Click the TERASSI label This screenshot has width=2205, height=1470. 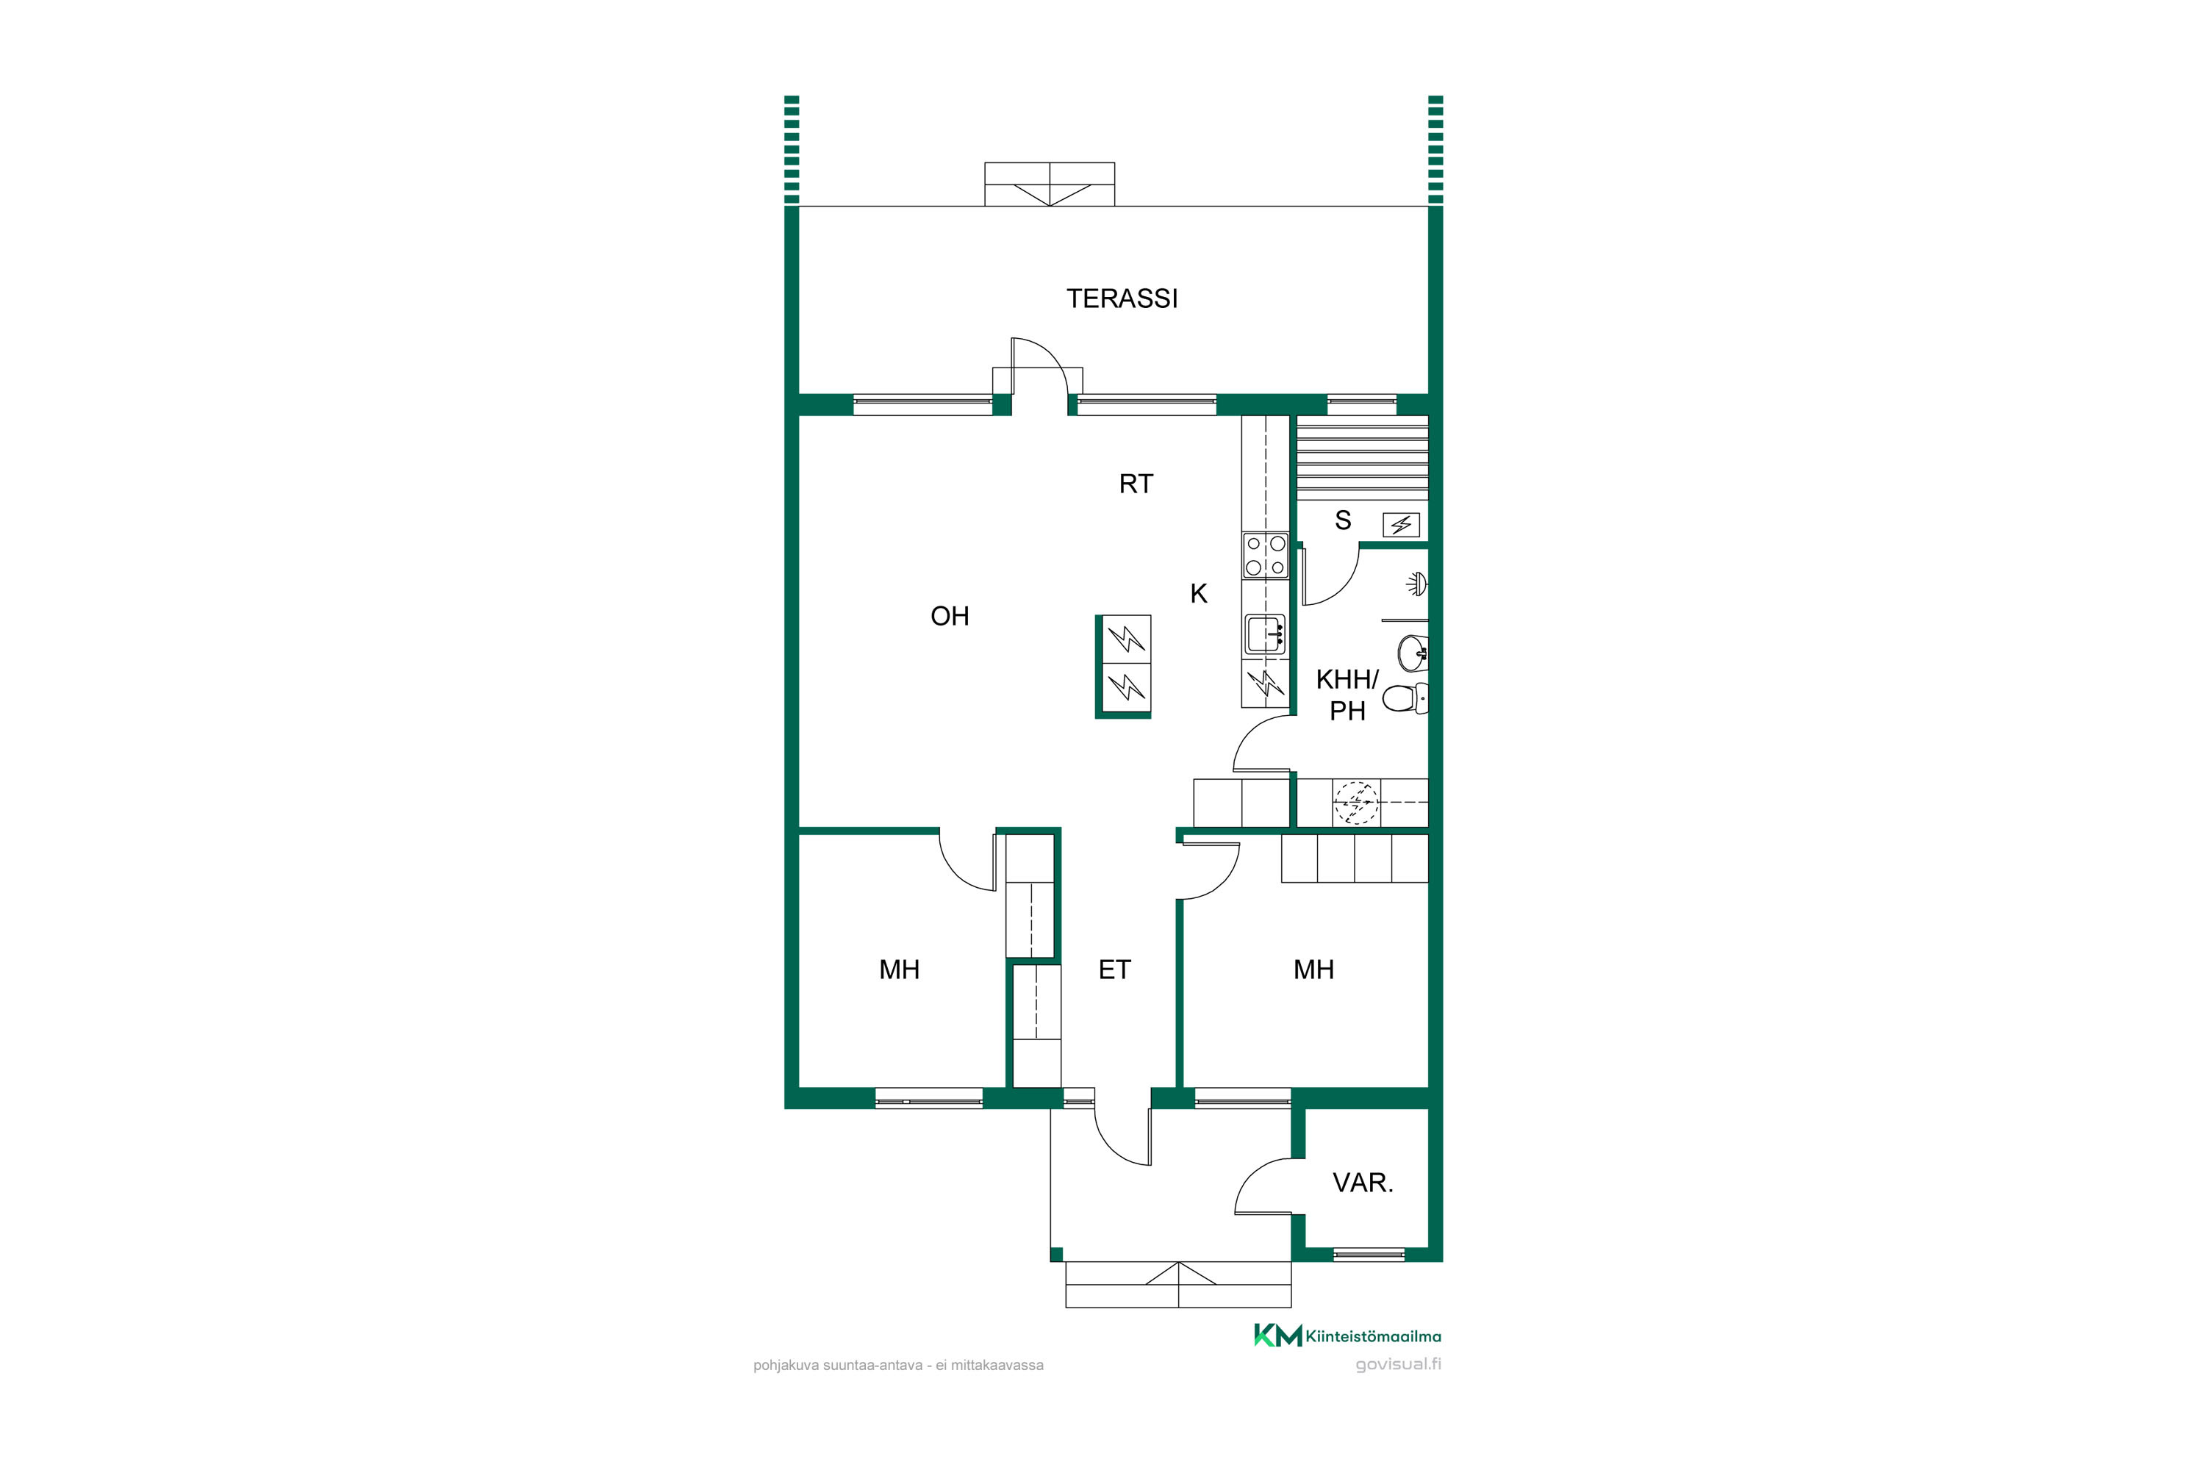tap(1122, 298)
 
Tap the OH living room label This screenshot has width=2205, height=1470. tap(950, 616)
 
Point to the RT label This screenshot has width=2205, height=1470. tap(1136, 484)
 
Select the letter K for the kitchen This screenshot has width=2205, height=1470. tap(1198, 593)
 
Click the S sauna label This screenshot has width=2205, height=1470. tap(1343, 520)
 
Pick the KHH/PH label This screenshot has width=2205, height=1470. tap(1347, 695)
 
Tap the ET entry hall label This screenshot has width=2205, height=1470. tap(1115, 969)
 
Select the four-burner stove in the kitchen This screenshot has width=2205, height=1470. tap(1266, 555)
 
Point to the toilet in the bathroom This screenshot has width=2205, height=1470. tap(1405, 698)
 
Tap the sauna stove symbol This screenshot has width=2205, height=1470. tap(1402, 525)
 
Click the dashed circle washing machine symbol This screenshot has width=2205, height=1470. tap(1355, 803)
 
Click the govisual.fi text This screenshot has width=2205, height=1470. tap(1398, 1364)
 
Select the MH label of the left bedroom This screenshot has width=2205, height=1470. tap(899, 969)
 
